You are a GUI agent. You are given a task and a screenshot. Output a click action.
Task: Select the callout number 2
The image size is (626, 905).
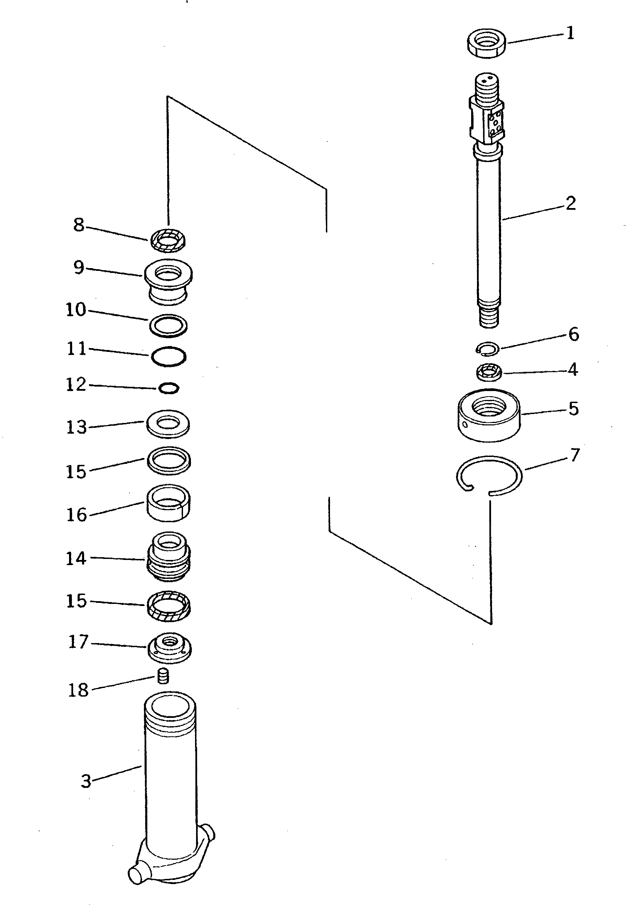pos(571,203)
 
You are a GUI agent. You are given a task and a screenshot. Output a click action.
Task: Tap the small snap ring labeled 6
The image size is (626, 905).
pos(487,348)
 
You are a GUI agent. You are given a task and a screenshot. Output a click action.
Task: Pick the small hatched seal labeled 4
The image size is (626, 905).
pos(489,372)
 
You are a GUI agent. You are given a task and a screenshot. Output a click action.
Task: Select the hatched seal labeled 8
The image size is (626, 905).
pos(168,240)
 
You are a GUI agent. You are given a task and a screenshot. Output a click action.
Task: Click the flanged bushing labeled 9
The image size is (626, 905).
pos(168,280)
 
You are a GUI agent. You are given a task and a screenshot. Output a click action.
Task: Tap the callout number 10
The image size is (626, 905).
pos(75,310)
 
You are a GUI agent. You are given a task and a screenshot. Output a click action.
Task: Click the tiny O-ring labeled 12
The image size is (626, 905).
pos(169,388)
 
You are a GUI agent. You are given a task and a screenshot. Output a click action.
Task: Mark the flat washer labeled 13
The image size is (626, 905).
pos(168,424)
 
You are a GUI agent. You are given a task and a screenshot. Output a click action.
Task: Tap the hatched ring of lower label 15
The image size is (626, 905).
pos(169,606)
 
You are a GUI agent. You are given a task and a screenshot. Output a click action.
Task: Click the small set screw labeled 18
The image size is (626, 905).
pos(163,676)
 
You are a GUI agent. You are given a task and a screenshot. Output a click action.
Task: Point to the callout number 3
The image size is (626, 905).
pos(86,781)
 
